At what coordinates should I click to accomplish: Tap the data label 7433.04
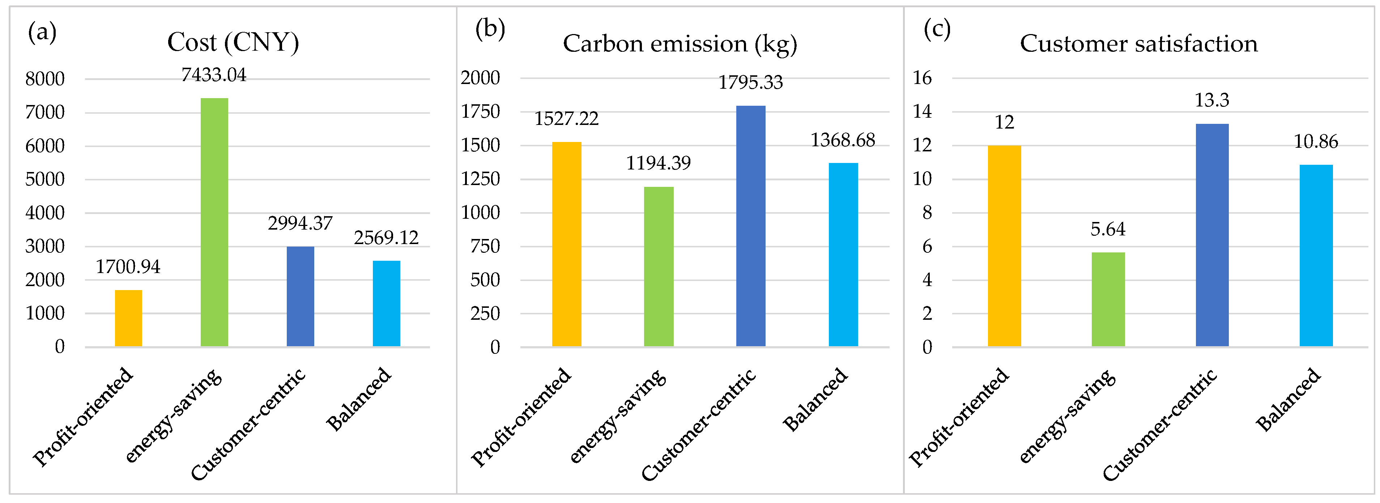[214, 75]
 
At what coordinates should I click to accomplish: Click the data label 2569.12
[386, 238]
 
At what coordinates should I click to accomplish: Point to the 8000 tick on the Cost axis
[45, 79]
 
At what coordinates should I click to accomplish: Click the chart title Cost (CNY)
[233, 43]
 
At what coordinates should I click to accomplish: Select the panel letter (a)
[42, 33]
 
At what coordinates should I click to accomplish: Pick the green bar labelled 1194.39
[659, 267]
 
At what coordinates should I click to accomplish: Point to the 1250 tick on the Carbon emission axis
[481, 179]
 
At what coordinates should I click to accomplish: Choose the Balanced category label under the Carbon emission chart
[815, 399]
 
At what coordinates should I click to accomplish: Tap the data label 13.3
[1212, 100]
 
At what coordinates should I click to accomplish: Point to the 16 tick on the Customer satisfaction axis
[923, 78]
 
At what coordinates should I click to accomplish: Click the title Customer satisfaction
[1138, 44]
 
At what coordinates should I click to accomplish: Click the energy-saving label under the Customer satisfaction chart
[1068, 416]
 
